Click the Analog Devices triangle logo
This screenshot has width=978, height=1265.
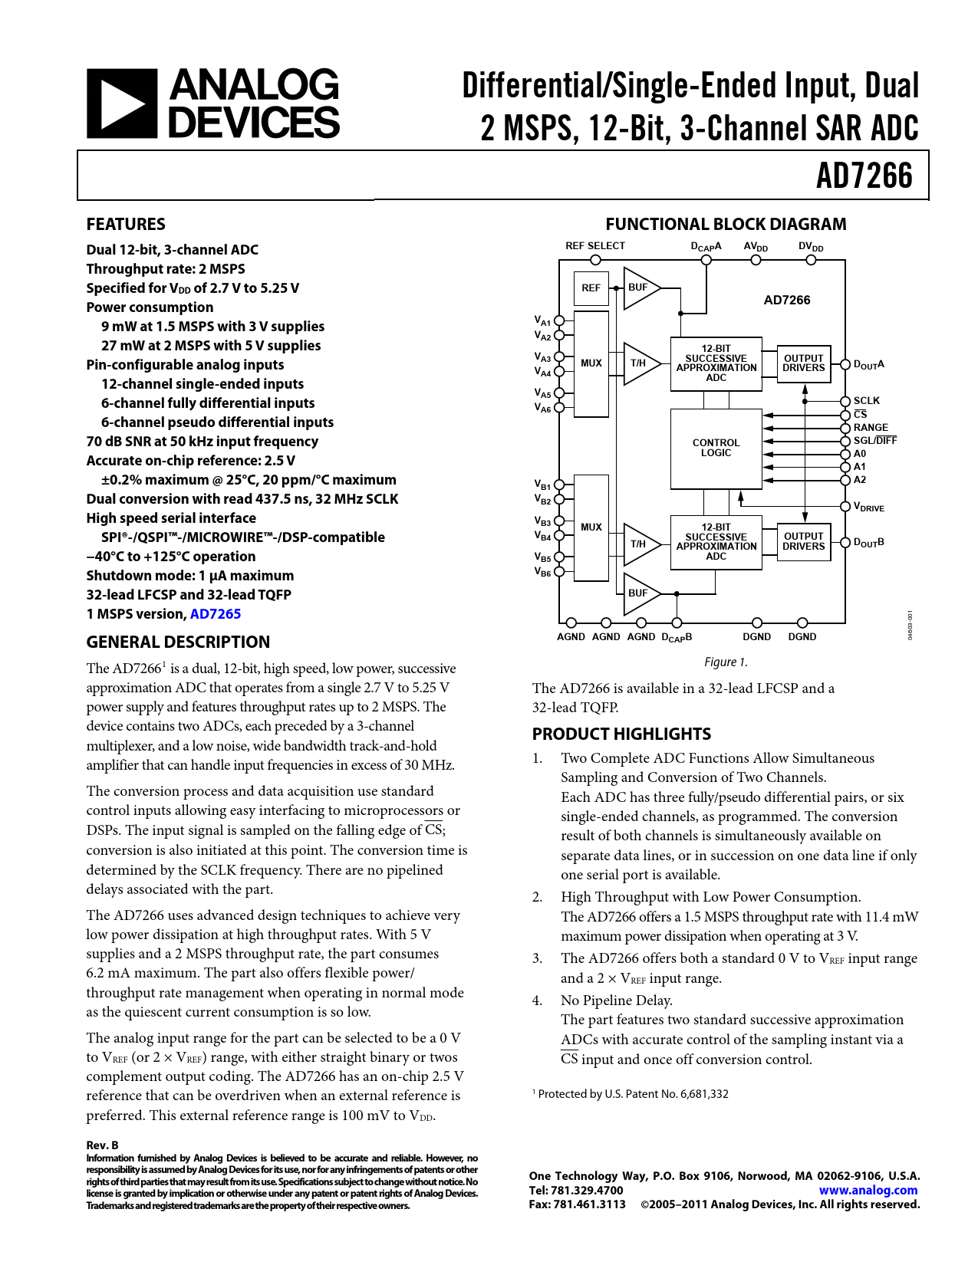coord(122,103)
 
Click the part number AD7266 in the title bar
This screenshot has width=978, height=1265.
coord(864,176)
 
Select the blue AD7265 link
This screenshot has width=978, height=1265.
coord(216,614)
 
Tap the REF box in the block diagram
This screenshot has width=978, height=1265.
coord(591,288)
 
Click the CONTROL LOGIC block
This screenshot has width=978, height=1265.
coord(716,449)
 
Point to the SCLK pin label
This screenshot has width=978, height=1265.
coord(867,401)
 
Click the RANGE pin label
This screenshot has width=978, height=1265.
coord(871,428)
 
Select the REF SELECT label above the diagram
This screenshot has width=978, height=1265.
coord(595,246)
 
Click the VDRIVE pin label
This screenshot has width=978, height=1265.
coord(869,507)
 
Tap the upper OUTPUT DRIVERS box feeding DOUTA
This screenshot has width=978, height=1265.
coord(803,363)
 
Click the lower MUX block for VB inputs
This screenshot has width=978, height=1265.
coord(591,527)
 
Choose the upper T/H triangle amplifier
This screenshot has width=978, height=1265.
coord(639,363)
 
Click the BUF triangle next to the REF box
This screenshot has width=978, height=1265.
coord(639,288)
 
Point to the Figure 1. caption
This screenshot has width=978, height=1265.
coord(726,662)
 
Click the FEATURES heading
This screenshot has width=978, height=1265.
coord(126,225)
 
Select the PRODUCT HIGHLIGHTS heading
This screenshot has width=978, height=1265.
coord(621,734)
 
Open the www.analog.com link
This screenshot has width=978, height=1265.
coord(868,1191)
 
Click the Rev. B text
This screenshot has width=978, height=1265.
coord(102,1145)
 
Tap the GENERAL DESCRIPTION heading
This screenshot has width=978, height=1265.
coord(178,642)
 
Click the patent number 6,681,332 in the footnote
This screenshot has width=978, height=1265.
coord(704,1094)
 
